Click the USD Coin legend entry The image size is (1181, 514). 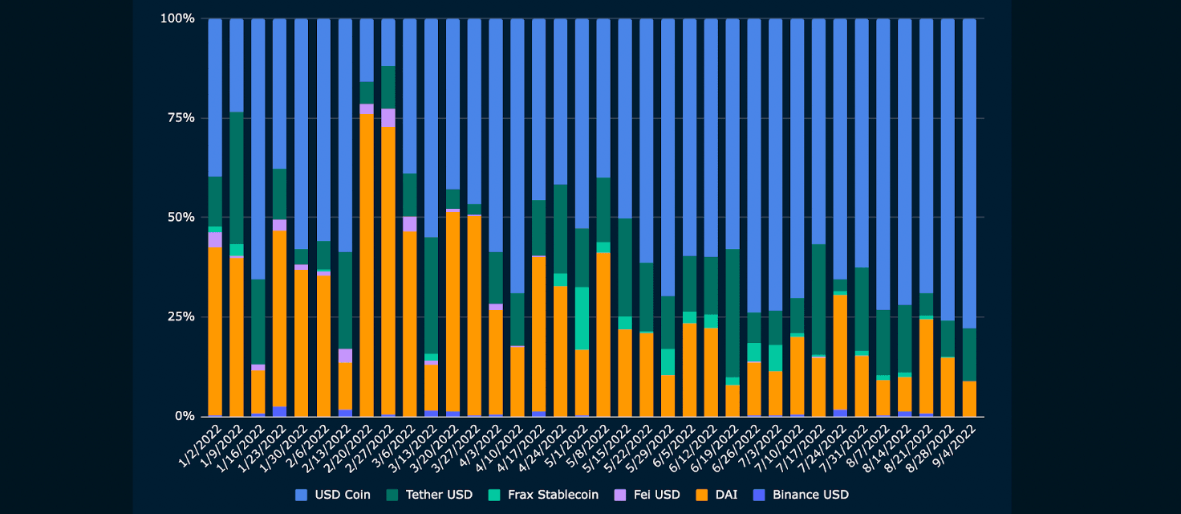pos(333,495)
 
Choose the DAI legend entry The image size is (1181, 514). pos(720,495)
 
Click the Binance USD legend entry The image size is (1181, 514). pos(801,495)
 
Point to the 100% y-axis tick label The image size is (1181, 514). pos(178,18)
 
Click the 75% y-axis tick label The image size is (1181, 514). pos(181,118)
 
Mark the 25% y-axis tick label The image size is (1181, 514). pos(181,317)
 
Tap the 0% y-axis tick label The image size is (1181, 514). pos(185,416)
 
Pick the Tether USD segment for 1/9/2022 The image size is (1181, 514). pos(237,177)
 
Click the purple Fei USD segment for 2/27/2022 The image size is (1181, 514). pos(388,117)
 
